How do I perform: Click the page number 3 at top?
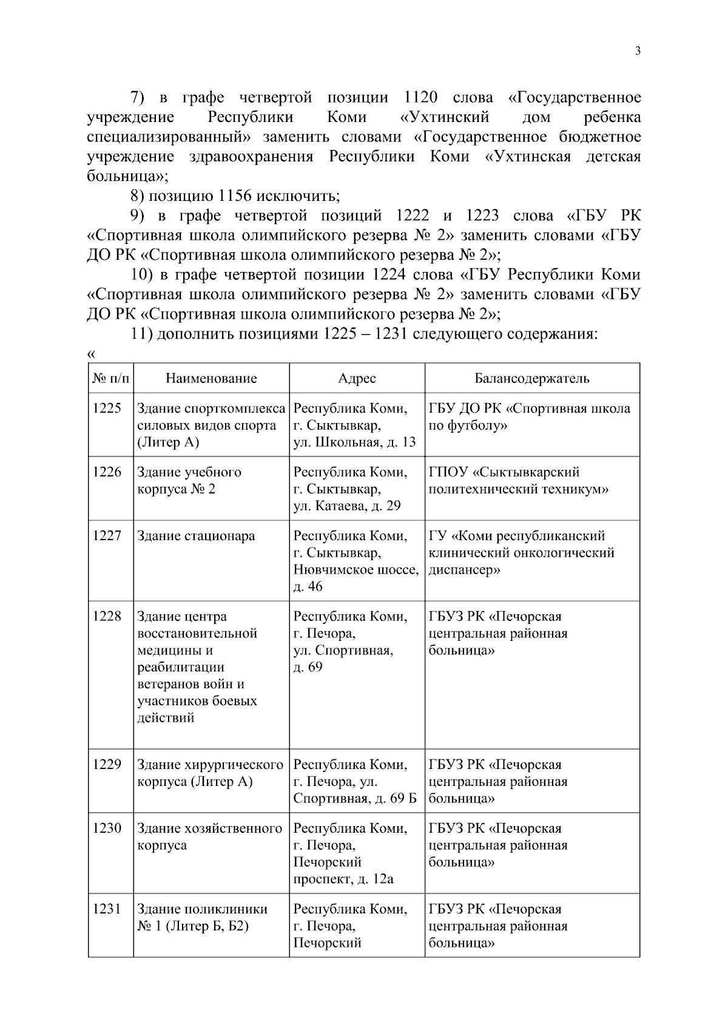point(637,52)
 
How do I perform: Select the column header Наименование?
point(211,379)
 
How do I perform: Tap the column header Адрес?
point(357,379)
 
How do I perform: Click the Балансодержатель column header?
point(531,379)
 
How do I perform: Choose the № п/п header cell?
point(110,379)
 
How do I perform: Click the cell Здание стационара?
point(196,536)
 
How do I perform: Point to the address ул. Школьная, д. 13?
point(354,442)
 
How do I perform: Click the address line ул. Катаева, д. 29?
point(347,506)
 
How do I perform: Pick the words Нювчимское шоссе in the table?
point(356,570)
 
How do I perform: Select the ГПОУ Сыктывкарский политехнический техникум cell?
point(518,481)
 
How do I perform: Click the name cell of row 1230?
point(209,837)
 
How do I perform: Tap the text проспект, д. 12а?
point(343,879)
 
